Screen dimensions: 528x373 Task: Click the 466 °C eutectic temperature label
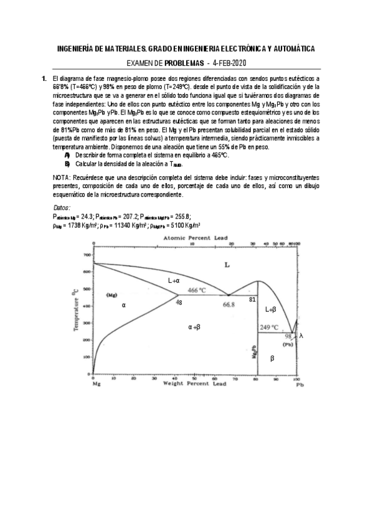pos(197,290)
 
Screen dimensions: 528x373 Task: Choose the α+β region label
pos(194,326)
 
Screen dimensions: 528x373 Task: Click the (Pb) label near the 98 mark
pos(288,344)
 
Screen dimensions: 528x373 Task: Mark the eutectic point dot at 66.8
pos(229,295)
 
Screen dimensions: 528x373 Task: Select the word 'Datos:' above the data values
pos(62,207)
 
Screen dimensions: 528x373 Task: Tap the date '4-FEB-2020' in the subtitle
pos(229,64)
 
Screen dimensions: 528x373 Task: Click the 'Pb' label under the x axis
pos(300,385)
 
